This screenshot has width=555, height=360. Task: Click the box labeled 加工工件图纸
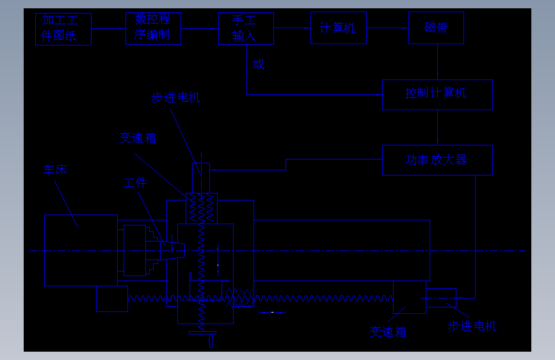[63, 29]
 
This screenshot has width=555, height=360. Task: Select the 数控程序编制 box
[153, 28]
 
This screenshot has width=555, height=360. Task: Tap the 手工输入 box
[245, 28]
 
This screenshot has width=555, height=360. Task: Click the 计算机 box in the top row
[339, 28]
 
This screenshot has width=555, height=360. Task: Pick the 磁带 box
[436, 28]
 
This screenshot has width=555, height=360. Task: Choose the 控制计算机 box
[437, 94]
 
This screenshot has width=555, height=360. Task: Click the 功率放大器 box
[437, 160]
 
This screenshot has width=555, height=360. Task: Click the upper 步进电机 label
[175, 97]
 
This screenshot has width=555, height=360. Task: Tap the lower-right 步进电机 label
[472, 326]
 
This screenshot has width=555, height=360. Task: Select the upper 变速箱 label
[138, 138]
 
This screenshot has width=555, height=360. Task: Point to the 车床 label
[56, 170]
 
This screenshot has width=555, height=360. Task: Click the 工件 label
[135, 183]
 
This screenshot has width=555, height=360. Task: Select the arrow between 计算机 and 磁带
[388, 28]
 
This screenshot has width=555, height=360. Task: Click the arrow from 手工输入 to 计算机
[292, 28]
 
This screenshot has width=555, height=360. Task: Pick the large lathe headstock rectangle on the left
[81, 250]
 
